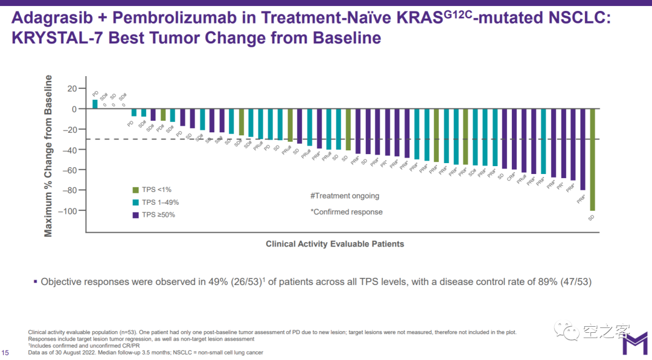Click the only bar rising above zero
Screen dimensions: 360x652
95,104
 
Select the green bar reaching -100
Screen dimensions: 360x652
593,159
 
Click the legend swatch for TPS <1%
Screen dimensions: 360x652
136,190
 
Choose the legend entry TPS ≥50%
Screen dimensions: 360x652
159,214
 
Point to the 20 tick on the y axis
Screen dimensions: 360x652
72,89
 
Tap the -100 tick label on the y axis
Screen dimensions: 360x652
69,211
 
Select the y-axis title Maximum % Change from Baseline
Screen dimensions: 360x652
49,156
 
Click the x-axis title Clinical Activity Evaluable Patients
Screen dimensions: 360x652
335,244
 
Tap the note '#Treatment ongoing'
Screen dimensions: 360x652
345,196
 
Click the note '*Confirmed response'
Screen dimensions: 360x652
347,212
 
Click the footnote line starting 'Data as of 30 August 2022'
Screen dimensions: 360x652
145,352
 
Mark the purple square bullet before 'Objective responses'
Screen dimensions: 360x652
36,281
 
